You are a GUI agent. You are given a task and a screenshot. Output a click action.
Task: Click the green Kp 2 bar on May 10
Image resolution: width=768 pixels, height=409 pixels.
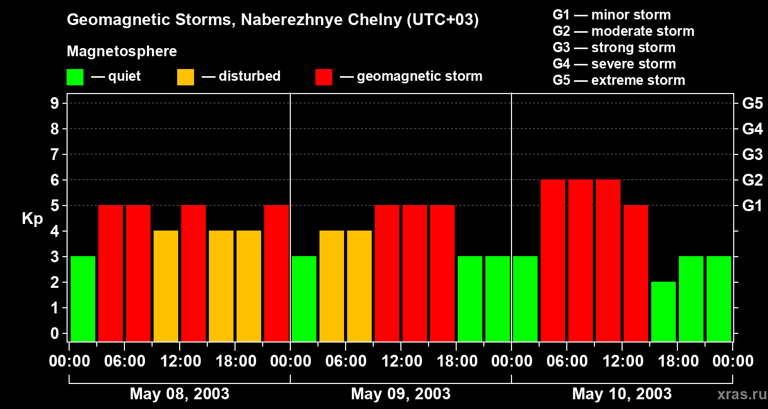pos(664,311)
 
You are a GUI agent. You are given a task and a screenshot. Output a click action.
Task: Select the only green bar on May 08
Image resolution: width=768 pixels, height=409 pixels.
pos(83,299)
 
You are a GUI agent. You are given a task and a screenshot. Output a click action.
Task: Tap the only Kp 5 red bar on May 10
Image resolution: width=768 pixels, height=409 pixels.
pos(636,273)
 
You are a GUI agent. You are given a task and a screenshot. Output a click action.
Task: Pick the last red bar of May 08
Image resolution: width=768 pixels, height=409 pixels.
pos(276,273)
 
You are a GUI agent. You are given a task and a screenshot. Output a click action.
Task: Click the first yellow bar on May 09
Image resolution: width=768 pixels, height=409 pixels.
pos(332,286)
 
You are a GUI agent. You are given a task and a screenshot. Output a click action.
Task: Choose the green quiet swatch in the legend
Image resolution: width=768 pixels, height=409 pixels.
pos(75,77)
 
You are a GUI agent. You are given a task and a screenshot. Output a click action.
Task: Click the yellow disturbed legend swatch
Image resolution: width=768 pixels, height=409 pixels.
pos(185,77)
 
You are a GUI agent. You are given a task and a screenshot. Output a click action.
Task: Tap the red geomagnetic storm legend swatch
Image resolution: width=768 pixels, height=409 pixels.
pos(324,77)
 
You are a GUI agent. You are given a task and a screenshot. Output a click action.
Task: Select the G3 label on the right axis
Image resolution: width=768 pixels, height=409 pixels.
pos(752,154)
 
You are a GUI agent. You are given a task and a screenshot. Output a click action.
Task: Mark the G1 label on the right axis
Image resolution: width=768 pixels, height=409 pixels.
pos(752,206)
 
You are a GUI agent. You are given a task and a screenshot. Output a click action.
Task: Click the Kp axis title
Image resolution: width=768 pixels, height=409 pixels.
pos(32,219)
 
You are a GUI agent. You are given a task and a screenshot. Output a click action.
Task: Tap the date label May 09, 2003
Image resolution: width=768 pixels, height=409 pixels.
pos(400,394)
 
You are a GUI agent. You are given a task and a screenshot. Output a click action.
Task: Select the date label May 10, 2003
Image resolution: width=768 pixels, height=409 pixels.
pos(622,394)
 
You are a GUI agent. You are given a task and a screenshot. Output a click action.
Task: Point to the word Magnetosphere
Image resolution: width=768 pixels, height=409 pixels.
pos(122,52)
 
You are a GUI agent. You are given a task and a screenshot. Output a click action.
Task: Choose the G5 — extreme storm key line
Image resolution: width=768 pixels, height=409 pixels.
pos(618,80)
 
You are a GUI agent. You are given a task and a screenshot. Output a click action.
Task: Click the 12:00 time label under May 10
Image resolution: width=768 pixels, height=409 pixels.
pos(622,361)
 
